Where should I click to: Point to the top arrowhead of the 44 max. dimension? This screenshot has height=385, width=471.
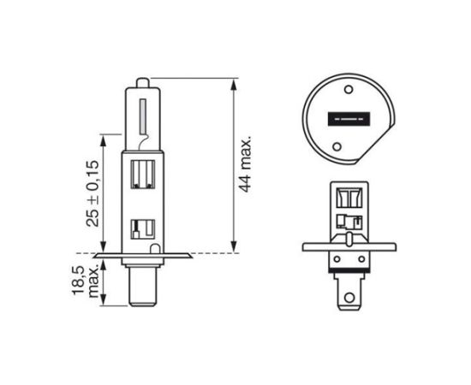[234, 83]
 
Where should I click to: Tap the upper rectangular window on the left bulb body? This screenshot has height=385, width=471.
[143, 175]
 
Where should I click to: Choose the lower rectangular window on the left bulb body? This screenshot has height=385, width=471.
[142, 228]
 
